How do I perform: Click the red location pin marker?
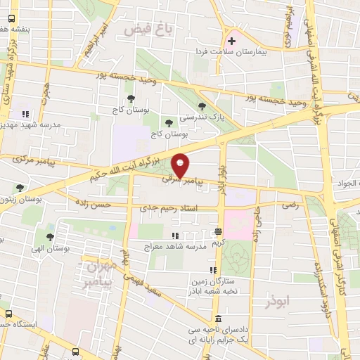pos(181,165)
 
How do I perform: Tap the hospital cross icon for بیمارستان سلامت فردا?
pos(231,41)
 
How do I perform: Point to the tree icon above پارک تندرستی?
pos(202,105)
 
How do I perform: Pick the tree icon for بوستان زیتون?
pos(19,188)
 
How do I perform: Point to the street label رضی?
pos(289,206)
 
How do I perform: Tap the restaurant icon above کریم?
pos(219,231)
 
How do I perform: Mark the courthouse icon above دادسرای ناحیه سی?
pos(218,318)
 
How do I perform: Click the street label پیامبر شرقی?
pos(182,181)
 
